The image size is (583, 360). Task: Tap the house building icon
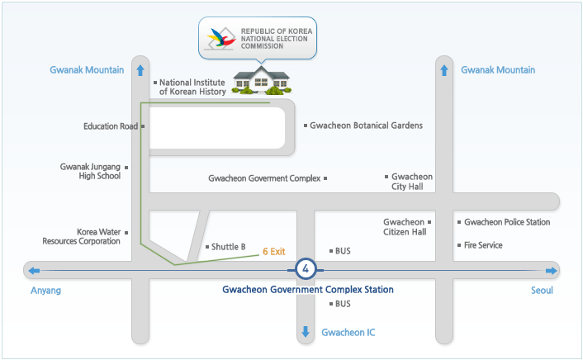262,81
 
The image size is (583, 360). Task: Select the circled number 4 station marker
306,269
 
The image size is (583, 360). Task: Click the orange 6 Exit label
273,249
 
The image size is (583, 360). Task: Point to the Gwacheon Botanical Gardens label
366,126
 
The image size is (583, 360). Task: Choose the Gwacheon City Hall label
411,182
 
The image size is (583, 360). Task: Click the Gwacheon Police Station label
507,222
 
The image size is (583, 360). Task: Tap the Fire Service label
483,245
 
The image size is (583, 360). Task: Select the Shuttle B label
229,247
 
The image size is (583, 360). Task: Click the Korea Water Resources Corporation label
81,237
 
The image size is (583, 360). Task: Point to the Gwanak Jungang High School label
90,171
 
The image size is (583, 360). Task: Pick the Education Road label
111,126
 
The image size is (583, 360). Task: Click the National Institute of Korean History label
192,87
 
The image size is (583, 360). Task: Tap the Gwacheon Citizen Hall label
405,227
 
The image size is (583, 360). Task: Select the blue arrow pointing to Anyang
33,271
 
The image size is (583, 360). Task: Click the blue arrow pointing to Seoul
551,271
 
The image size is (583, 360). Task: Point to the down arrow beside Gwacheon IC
306,332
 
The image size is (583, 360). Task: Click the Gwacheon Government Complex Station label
308,290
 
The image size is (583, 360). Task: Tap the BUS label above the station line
343,250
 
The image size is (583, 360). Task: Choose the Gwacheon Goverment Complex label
263,178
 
